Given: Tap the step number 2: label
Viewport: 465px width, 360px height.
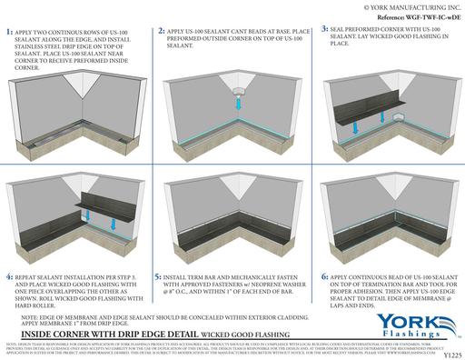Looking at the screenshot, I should tap(161, 31).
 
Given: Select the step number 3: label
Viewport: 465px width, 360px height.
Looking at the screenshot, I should tap(325, 30).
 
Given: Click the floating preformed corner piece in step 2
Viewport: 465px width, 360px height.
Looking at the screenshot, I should tap(237, 90).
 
